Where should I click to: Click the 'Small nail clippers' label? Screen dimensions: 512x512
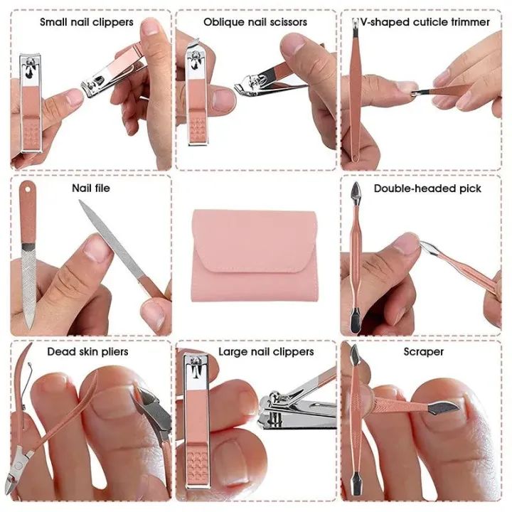86,22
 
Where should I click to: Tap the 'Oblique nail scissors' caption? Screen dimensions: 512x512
255,22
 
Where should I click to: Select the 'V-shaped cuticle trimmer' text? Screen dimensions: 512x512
425,22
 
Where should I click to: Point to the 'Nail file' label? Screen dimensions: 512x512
91,188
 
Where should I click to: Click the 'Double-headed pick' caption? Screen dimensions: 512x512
427,188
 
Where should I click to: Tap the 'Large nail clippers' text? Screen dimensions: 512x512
265,351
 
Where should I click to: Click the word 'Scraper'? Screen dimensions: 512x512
423,351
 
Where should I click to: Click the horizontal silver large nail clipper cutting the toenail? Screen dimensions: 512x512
295,412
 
